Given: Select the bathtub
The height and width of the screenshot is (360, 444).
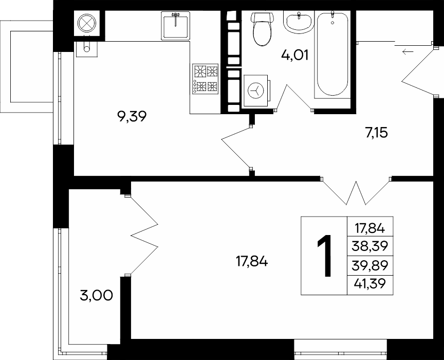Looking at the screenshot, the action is click(x=332, y=54).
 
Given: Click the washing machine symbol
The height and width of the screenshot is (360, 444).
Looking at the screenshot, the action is click(x=256, y=91).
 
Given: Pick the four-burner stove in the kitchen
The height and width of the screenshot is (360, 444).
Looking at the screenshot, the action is click(x=206, y=79).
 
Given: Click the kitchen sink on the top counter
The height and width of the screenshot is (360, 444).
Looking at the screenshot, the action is click(x=176, y=26).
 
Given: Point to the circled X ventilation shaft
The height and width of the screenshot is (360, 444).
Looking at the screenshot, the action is click(x=87, y=23).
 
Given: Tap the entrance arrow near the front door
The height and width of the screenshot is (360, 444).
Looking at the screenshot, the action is click(x=408, y=52).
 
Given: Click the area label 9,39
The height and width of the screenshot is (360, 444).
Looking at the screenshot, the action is click(x=132, y=116).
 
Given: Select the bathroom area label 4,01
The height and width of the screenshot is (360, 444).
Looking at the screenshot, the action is click(x=294, y=55).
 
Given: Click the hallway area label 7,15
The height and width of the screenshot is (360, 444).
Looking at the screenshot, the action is click(x=377, y=133).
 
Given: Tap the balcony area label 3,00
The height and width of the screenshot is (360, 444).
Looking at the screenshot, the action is click(x=97, y=296).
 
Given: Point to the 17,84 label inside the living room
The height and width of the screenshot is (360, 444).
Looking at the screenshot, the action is click(x=252, y=262).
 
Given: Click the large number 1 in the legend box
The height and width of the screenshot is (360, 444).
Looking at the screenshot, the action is click(x=324, y=256).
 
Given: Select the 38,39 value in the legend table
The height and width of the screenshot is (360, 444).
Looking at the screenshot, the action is click(x=370, y=246).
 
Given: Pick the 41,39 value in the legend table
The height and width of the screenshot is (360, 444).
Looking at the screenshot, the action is click(x=370, y=283).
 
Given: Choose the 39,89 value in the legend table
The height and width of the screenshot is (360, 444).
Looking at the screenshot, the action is click(x=370, y=265).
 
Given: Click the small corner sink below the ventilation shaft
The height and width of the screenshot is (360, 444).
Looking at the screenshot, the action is click(x=86, y=49).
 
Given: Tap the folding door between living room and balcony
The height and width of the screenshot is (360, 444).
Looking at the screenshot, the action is click(x=142, y=235).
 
